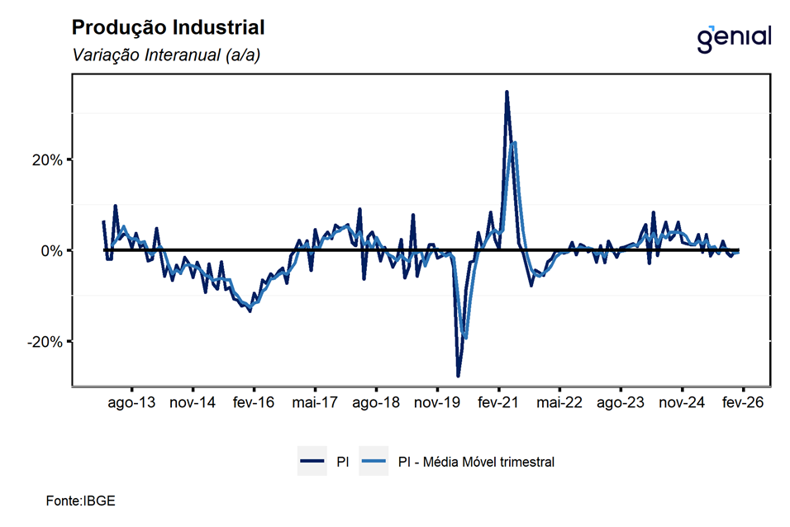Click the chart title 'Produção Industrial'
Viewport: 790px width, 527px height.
click(169, 27)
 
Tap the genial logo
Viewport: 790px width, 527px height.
click(733, 37)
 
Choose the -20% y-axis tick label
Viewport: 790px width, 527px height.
click(44, 341)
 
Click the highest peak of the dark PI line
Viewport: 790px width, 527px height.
click(507, 92)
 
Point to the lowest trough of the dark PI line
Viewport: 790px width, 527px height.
click(458, 376)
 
